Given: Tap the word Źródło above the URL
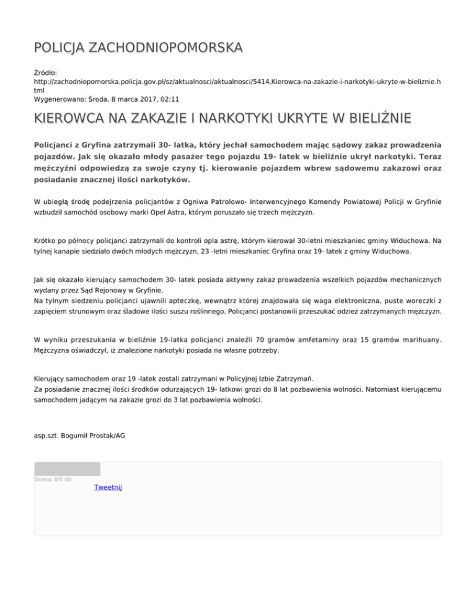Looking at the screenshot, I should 46,73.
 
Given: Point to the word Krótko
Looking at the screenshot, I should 46,240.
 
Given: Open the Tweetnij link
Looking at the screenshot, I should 108,488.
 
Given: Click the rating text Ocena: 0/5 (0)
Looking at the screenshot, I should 53,479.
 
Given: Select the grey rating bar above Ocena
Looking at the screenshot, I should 67,469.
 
